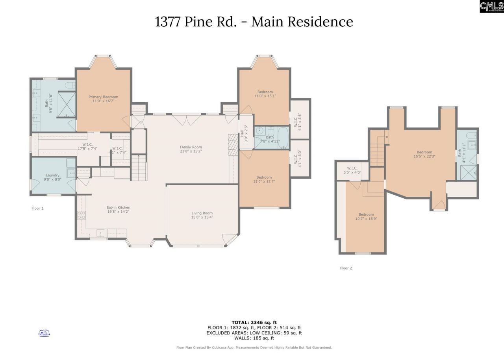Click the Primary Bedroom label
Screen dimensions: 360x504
103,97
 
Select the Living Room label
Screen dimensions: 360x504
202,213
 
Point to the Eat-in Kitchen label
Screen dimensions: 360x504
118,207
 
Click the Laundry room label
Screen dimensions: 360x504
52,175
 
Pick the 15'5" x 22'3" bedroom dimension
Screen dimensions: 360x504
424,156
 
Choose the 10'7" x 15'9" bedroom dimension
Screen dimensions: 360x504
366,219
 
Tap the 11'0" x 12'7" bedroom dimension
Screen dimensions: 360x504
265,181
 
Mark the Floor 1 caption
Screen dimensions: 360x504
37,208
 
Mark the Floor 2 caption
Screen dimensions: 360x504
346,268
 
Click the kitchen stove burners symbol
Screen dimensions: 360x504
82,215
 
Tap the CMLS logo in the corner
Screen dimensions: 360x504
491,6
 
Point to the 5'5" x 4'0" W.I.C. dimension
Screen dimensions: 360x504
352,172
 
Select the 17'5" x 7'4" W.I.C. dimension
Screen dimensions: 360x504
87,148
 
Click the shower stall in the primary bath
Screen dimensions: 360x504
67,104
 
